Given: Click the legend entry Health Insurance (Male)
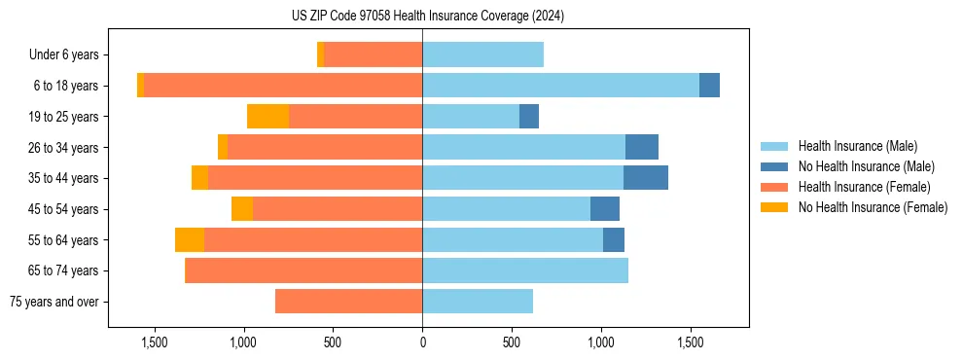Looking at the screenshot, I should pos(857,146).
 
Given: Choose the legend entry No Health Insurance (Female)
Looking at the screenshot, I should pos(873,207).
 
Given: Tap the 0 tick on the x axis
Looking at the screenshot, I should pos(422,342).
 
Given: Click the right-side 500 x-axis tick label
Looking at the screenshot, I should pos(512,342).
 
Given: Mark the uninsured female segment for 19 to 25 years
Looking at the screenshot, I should pos(268,117).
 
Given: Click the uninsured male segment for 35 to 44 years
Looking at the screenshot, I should pos(646,178).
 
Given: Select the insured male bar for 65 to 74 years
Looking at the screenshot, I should pos(525,270).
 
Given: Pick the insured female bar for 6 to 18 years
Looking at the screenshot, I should pos(283,86).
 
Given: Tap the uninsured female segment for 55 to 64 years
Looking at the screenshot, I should pos(190,239).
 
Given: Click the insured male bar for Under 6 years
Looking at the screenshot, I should pos(482,54).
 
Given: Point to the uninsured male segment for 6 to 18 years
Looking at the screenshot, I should pos(709,86).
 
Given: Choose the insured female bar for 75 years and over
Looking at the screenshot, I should pos(348,302).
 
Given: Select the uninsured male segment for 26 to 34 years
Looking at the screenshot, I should pos(642,147).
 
